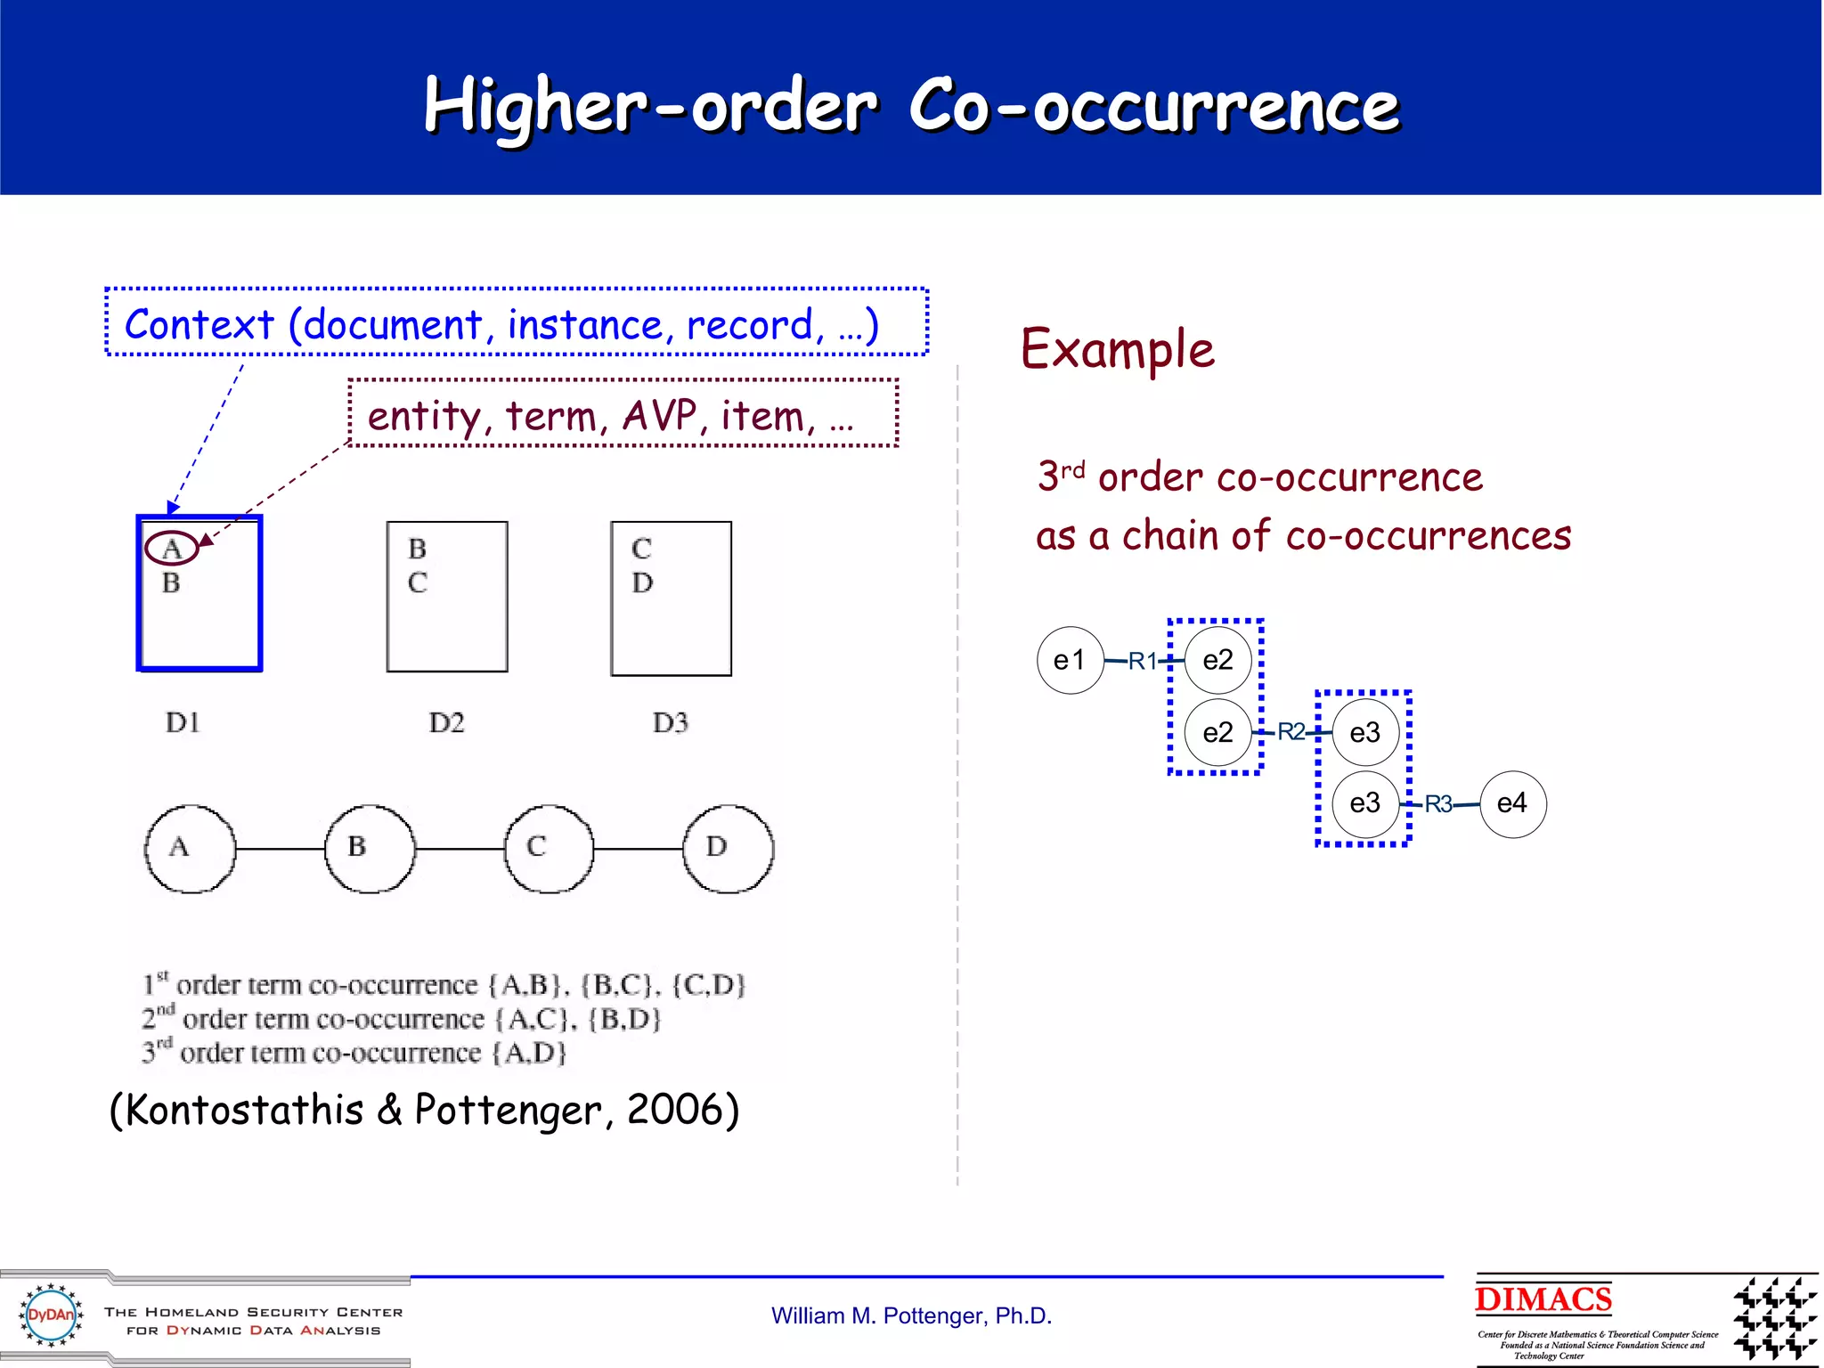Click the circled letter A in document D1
172,549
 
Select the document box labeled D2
447,597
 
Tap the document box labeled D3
672,598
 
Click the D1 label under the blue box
183,722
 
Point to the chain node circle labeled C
549,849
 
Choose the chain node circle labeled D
728,849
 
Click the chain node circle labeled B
370,849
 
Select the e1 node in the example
1070,661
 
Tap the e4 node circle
1512,804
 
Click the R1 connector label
1142,661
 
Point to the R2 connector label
1291,732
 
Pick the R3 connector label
1438,804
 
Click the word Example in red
1117,349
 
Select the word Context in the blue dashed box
199,324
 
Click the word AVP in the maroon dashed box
659,416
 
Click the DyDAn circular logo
51,1315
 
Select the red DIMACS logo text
1543,1299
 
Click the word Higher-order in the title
650,107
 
